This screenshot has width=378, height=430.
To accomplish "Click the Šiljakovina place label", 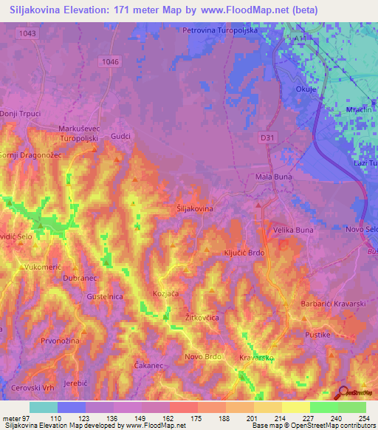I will (x=195, y=209).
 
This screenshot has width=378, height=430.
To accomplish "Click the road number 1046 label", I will (x=110, y=61).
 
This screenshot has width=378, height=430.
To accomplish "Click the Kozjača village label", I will (x=165, y=293).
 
